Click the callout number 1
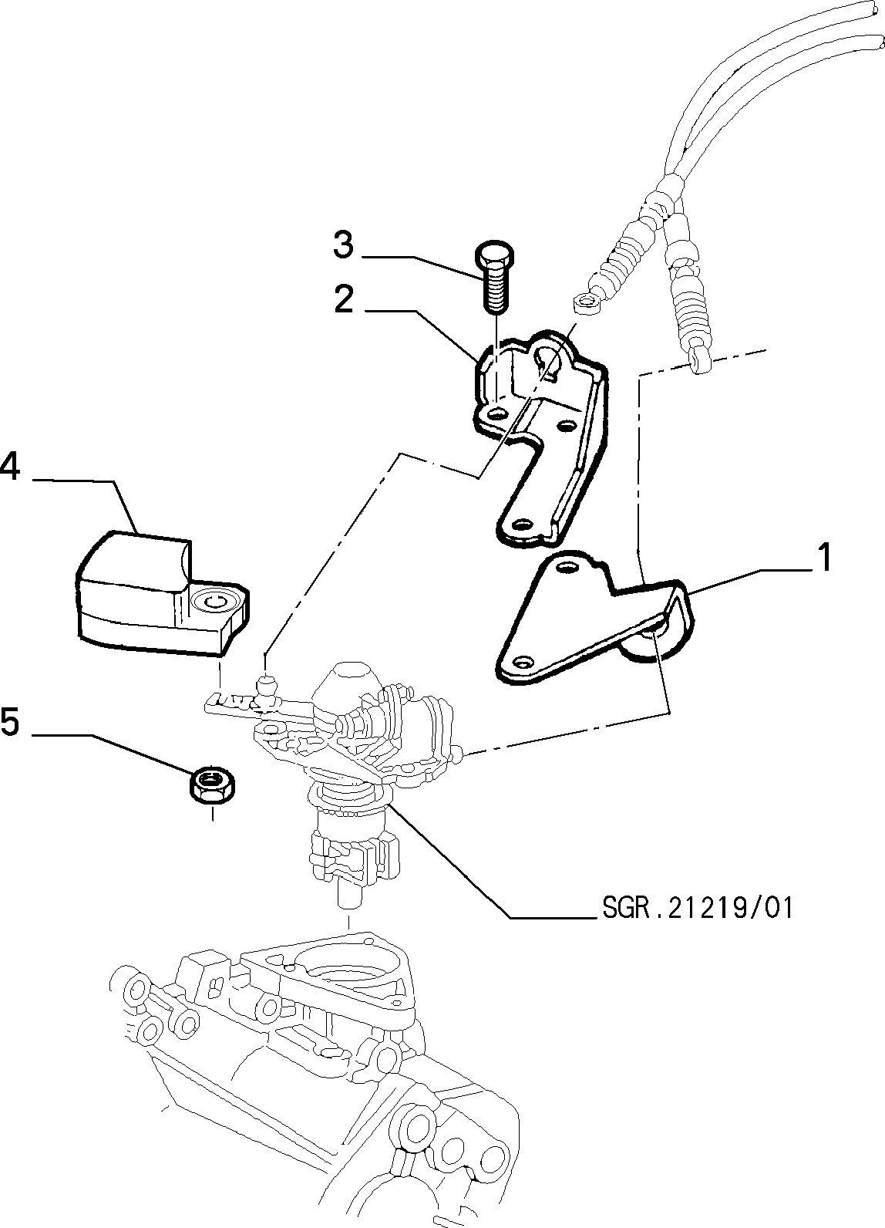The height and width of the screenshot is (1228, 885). pos(824,558)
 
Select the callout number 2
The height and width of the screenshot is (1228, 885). pos(344,300)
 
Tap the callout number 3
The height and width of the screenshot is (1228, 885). pos(343,246)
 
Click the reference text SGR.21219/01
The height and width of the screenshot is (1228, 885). pos(696,908)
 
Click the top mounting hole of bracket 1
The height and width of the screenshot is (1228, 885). pos(568,568)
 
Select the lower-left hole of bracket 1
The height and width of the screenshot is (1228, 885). pos(523,661)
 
